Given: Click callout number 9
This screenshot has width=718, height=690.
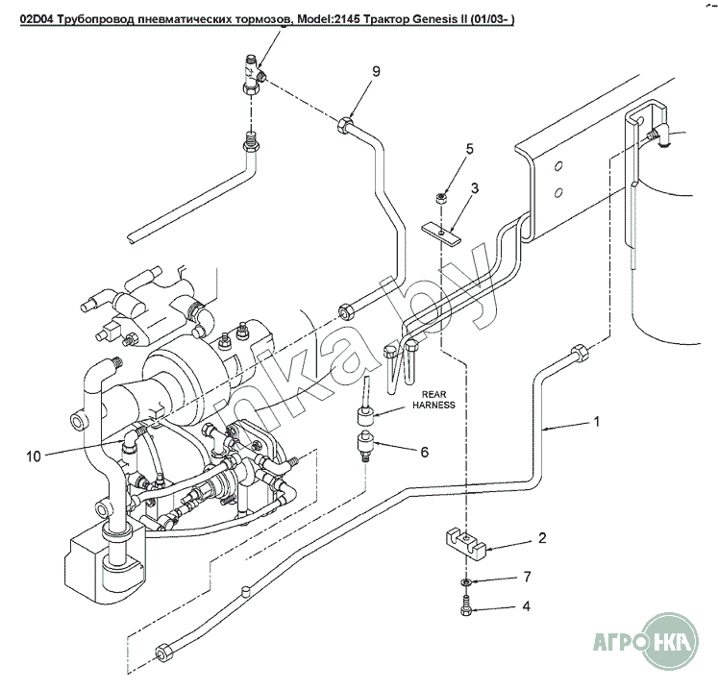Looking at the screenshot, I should (x=377, y=71).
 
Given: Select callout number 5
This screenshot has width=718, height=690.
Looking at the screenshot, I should (x=470, y=148).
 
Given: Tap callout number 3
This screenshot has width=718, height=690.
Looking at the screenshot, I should (x=474, y=188).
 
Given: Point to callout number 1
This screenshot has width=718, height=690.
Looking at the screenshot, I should (x=597, y=421).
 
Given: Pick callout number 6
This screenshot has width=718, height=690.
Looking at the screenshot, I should (x=424, y=451).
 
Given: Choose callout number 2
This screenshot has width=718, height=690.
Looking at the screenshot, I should (x=542, y=538).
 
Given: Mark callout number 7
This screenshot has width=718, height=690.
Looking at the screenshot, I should (x=526, y=577).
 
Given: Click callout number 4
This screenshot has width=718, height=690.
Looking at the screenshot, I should (x=526, y=606).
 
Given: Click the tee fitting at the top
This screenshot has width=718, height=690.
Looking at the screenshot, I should (x=251, y=76).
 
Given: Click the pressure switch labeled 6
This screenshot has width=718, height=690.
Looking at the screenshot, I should (x=365, y=446).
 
